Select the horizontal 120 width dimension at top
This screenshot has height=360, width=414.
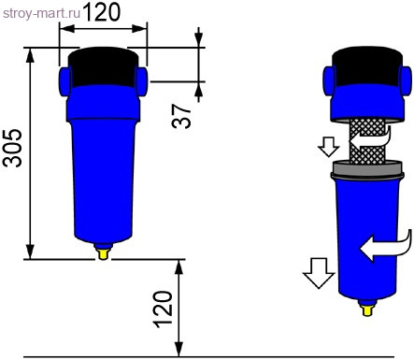102,13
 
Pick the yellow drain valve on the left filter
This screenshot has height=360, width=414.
103,251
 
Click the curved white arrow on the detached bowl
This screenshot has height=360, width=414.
385,246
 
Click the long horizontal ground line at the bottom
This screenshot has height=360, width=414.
206,355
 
